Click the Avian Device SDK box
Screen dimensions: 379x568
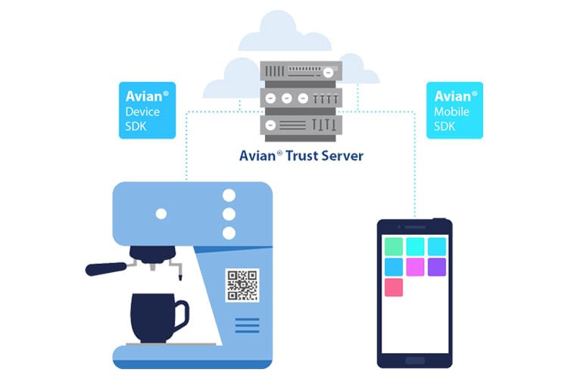(x=147, y=111)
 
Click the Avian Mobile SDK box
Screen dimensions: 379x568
(x=454, y=111)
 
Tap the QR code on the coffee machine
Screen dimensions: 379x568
(x=242, y=284)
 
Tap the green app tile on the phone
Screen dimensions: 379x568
(x=393, y=246)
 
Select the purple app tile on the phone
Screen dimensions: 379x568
(x=437, y=267)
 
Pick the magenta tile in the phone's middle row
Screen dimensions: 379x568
(x=415, y=267)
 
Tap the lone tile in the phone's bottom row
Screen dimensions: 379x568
(x=393, y=287)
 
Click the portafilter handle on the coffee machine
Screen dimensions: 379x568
(x=106, y=267)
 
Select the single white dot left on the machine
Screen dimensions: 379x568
(x=161, y=214)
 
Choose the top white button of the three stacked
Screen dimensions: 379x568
(x=229, y=195)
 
